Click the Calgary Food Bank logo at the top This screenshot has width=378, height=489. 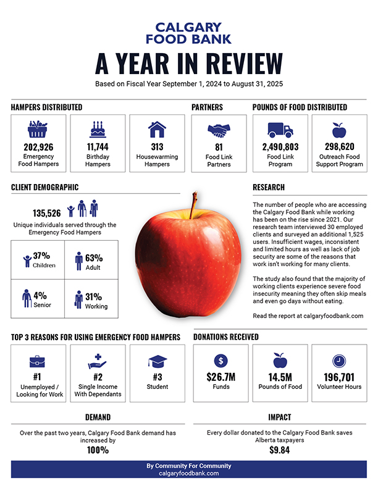click(x=188, y=33)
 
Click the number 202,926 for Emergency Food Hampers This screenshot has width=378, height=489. click(x=38, y=147)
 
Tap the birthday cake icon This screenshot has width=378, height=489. click(x=98, y=129)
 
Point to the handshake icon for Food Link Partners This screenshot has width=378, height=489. click(x=218, y=130)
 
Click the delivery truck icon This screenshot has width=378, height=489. click(x=280, y=130)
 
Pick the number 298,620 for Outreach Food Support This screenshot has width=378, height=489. click(x=339, y=147)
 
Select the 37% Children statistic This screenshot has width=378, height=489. click(x=41, y=256)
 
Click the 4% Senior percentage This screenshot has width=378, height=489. click(x=40, y=296)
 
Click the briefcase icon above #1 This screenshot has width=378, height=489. click(x=38, y=361)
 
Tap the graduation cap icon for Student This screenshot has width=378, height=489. click(x=157, y=361)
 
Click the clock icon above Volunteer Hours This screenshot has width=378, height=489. click(x=339, y=361)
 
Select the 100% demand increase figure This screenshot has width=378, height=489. click(x=97, y=450)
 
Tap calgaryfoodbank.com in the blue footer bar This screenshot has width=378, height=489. click(x=188, y=473)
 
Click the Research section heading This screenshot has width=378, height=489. click(x=269, y=187)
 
